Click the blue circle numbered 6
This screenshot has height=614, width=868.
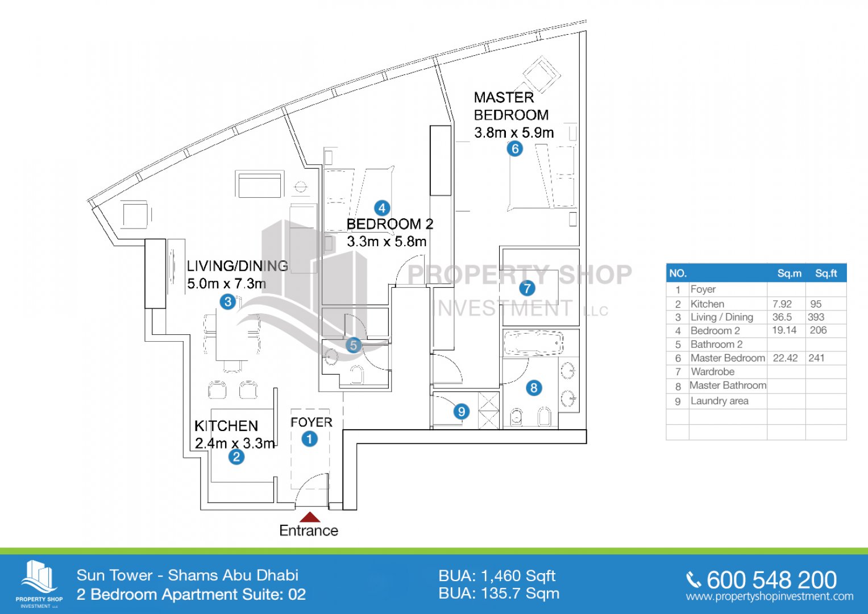514,149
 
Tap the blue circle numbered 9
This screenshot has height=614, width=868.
461,411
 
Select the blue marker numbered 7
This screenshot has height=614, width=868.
527,288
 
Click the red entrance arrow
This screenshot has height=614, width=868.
309,517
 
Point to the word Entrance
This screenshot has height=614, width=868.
309,530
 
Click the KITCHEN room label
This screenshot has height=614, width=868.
226,426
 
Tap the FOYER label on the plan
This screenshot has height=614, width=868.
311,422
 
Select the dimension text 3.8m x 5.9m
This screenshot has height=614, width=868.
514,132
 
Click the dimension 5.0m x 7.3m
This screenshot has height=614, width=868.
226,283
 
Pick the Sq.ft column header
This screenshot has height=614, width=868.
825,273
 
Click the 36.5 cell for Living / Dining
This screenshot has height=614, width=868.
782,317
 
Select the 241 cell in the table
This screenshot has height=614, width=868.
816,358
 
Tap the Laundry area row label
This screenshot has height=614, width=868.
719,401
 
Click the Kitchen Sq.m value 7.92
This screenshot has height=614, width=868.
782,304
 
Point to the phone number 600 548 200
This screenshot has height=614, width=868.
771,580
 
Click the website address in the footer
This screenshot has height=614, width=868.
769,597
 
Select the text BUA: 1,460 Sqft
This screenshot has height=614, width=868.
497,576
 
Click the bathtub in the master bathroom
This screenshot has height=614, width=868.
533,343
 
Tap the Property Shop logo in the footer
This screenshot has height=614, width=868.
39,583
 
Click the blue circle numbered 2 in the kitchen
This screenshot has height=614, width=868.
236,457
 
